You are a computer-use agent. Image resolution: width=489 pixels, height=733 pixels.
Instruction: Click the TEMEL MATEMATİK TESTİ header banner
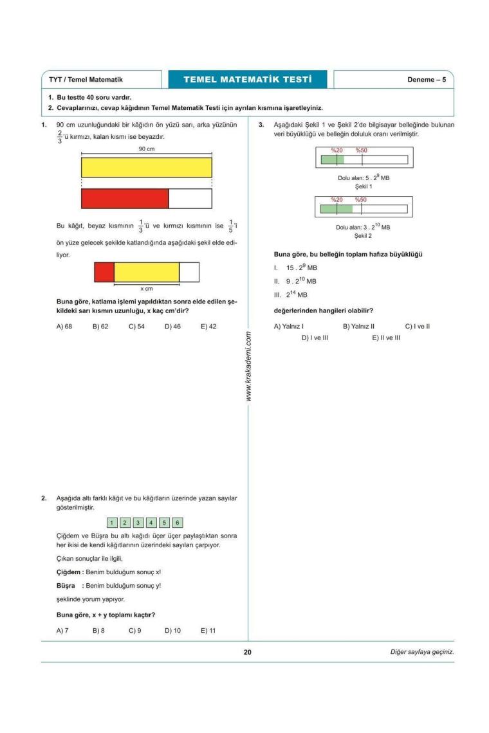tap(247, 80)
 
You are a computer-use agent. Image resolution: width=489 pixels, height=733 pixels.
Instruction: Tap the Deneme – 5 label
tap(426, 80)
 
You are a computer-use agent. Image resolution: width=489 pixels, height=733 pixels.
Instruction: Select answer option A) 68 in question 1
tap(64, 327)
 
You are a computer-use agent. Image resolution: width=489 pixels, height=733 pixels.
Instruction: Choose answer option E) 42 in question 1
tap(208, 327)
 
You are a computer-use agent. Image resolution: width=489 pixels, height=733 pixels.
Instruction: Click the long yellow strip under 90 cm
tap(146, 167)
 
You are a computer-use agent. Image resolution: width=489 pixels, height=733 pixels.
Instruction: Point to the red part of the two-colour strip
tap(125, 199)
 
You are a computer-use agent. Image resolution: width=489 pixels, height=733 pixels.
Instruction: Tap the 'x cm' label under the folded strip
tap(147, 289)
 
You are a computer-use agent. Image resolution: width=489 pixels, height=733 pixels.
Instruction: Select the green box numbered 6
tap(178, 523)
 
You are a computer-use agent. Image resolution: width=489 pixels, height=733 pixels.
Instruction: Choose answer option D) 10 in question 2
tap(172, 631)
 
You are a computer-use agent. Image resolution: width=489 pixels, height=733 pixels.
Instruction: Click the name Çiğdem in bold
tap(68, 572)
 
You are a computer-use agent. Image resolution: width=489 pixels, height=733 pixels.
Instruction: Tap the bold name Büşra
tap(66, 585)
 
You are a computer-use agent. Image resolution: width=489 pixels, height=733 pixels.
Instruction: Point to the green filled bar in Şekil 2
tap(337, 208)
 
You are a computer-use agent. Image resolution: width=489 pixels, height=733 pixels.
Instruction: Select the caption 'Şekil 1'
tap(363, 186)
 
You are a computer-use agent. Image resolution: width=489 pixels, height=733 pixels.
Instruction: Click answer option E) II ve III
tap(385, 338)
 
